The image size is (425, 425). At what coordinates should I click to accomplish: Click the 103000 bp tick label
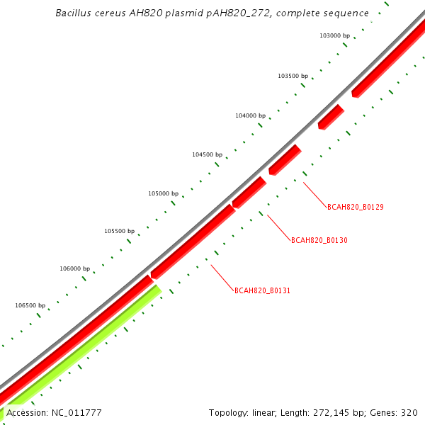pyautogui.click(x=335, y=35)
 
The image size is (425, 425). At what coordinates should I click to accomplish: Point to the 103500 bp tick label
pyautogui.click(x=293, y=76)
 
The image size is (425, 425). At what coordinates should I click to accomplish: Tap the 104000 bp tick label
pyautogui.click(x=250, y=115)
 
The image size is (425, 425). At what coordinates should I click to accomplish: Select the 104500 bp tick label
pyautogui.click(x=207, y=154)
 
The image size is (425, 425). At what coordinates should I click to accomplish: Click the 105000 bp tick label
pyautogui.click(x=163, y=193)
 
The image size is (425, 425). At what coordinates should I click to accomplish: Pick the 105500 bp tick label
pyautogui.click(x=119, y=231)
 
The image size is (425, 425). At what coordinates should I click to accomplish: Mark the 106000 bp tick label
pyautogui.click(x=74, y=268)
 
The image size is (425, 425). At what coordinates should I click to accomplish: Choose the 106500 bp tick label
pyautogui.click(x=30, y=305)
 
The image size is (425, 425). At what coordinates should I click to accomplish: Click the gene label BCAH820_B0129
pyautogui.click(x=355, y=207)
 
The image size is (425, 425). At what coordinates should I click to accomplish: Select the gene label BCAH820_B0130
pyautogui.click(x=319, y=240)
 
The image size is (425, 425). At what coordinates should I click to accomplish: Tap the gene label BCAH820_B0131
pyautogui.click(x=263, y=290)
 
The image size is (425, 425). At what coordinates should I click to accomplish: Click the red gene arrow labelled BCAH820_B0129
pyautogui.click(x=285, y=159)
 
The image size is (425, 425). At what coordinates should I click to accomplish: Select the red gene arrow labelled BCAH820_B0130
pyautogui.click(x=249, y=192)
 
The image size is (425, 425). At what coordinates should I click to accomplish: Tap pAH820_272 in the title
pyautogui.click(x=227, y=13)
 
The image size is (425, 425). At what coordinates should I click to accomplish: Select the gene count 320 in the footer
pyautogui.click(x=410, y=412)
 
